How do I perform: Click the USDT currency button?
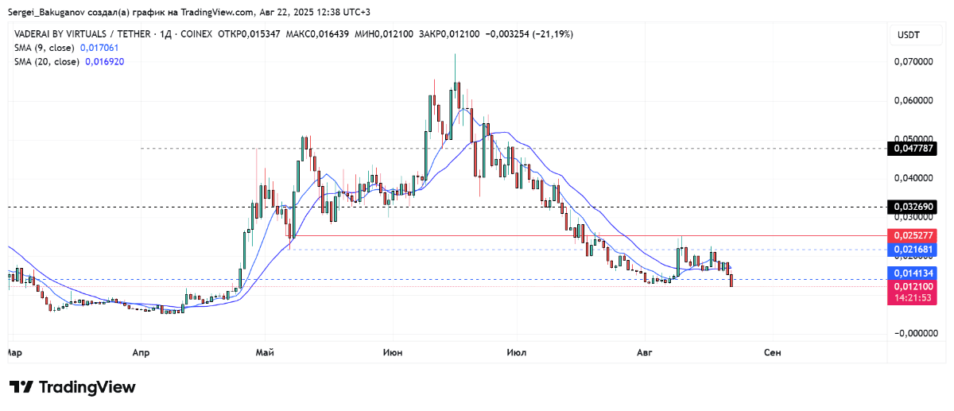click(x=909, y=35)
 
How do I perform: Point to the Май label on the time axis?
click(x=265, y=351)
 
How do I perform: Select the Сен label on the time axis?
click(x=771, y=351)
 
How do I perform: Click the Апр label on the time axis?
click(x=141, y=351)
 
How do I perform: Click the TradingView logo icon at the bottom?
click(x=21, y=387)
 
